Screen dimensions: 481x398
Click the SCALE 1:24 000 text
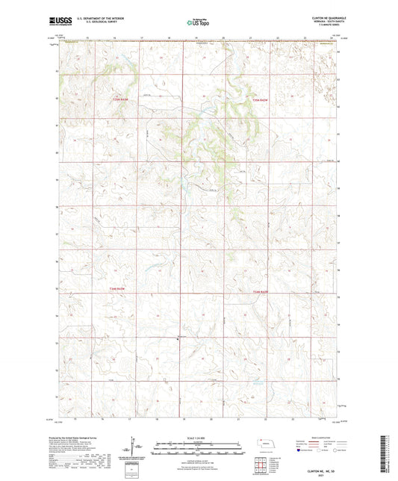[198, 438]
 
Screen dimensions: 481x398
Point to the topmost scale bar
[198, 444]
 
